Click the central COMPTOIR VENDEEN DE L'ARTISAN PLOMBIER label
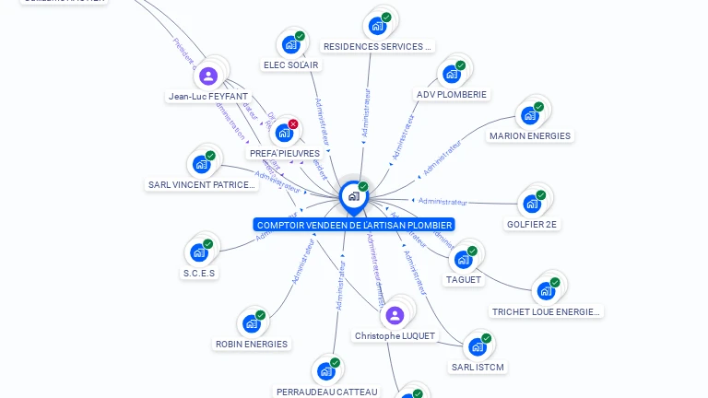click(354, 225)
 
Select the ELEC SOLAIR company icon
click(290, 45)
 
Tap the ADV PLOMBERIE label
click(452, 94)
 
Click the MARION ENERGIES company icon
click(529, 115)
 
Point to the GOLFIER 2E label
click(533, 224)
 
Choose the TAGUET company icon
click(463, 260)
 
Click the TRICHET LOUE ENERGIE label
click(546, 311)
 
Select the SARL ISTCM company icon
click(477, 347)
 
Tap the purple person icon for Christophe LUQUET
click(395, 316)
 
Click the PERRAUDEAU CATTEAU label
click(326, 392)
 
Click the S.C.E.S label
click(199, 273)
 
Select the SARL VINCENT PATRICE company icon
click(201, 165)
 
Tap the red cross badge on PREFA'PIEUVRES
click(293, 124)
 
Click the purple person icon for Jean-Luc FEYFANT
click(208, 76)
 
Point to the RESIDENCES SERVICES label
click(377, 46)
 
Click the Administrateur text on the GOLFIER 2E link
click(442, 201)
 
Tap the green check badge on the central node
click(363, 186)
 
